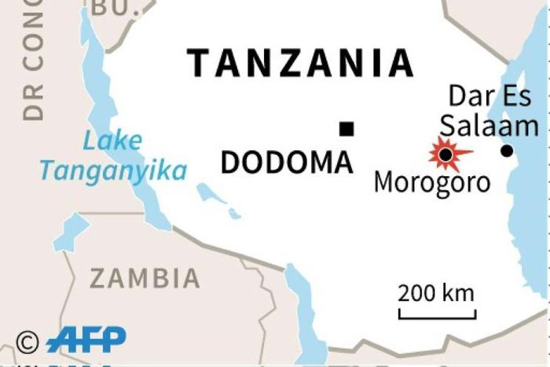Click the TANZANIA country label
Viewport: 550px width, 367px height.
tap(301, 63)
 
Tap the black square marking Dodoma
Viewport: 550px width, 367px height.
tap(346, 129)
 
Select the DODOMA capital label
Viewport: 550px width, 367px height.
tap(286, 163)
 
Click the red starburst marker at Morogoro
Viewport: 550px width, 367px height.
tap(446, 154)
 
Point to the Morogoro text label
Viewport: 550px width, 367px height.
tap(431, 182)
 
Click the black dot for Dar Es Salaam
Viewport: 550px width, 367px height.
tap(507, 151)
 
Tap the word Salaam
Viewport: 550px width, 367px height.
tap(489, 126)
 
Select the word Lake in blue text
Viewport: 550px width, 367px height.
tap(113, 142)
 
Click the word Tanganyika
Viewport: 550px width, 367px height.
tap(113, 171)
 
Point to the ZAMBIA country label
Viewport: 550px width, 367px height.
tap(145, 277)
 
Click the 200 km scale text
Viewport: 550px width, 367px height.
tap(436, 294)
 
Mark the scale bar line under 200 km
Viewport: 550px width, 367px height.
tap(437, 316)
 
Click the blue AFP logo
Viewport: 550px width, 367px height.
tap(86, 339)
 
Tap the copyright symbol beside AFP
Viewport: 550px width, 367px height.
tap(27, 341)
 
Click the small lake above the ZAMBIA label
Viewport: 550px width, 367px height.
tap(72, 232)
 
